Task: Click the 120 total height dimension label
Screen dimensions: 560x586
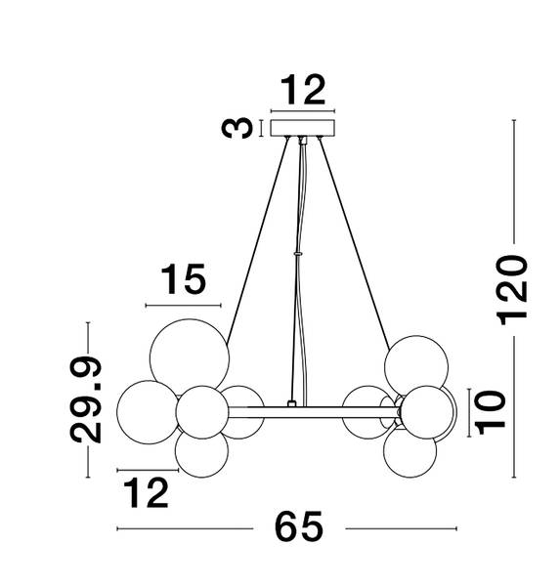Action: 512,290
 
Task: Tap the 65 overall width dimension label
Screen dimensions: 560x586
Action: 298,527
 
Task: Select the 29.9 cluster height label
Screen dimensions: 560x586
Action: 85,399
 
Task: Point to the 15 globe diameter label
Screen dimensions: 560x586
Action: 184,279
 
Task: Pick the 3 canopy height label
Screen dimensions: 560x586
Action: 237,128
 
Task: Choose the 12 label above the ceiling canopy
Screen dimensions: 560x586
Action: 303,90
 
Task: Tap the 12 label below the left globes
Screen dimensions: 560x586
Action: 146,492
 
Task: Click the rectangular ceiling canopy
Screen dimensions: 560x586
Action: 303,128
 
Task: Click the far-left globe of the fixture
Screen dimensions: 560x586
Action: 149,412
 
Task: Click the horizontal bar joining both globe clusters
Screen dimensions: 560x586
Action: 314,412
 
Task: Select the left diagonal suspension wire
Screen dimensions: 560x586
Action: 258,239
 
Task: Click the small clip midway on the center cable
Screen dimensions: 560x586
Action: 298,253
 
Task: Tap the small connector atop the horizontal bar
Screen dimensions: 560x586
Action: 291,403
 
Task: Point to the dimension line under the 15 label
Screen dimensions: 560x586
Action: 184,306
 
